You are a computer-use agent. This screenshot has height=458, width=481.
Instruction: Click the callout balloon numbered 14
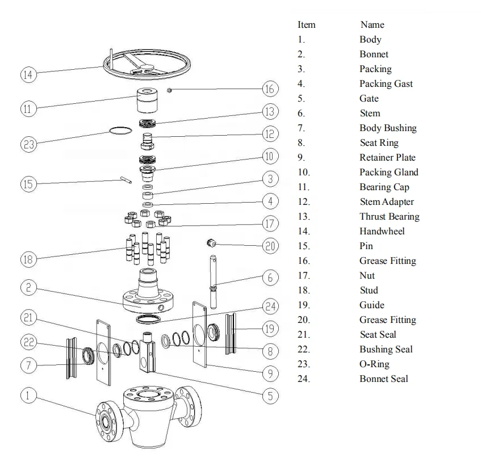click(x=28, y=74)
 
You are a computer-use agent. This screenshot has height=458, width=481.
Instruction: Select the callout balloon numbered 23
click(x=28, y=144)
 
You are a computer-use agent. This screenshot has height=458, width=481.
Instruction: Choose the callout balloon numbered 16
click(x=270, y=89)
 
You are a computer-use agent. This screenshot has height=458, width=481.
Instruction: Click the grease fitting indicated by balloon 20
click(x=212, y=243)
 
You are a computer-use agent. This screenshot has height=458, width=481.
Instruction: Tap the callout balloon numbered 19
click(x=270, y=329)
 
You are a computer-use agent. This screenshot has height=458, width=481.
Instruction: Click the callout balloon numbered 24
click(x=270, y=306)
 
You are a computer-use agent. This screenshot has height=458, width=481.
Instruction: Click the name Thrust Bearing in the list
click(x=389, y=216)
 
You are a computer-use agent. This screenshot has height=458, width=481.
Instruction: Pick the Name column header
click(x=372, y=24)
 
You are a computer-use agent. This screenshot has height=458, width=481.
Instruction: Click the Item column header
click(x=306, y=24)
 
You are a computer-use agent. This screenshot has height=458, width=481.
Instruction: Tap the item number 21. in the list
click(x=304, y=334)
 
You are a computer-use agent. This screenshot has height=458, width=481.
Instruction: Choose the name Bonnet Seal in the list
click(x=383, y=379)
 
